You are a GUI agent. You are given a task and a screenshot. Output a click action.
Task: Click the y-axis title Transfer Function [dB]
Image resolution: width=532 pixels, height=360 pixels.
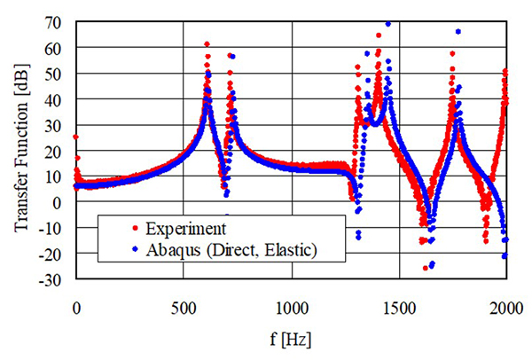click(20, 150)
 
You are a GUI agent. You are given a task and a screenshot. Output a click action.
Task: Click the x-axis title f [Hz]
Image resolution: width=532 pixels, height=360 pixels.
click(290, 340)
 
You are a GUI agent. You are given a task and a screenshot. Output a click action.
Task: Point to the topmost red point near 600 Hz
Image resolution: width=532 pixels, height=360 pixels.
click(207, 43)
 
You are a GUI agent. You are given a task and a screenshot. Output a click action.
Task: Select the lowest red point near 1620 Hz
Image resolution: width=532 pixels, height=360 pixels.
click(426, 267)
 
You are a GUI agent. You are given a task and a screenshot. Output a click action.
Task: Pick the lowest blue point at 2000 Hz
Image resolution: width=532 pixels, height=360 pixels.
click(505, 256)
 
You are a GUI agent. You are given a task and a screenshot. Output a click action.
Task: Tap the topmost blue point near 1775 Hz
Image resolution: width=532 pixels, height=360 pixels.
click(458, 32)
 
